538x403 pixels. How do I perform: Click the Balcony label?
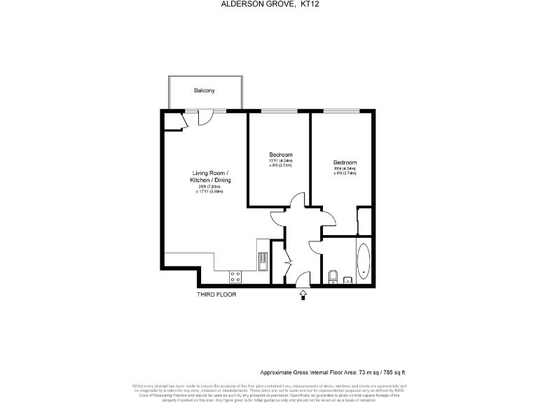coord(205,91)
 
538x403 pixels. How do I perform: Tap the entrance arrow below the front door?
coord(303,295)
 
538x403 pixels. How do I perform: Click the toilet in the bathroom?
coord(332,276)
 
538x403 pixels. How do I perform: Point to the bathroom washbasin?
coord(348,280)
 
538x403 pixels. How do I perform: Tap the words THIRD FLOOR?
coord(216,295)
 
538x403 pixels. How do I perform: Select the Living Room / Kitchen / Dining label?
coord(212,176)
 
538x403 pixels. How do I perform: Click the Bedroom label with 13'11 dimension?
coord(281,154)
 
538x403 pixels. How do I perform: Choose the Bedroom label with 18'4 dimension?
coord(345,162)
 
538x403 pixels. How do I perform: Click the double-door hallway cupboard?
coord(284,261)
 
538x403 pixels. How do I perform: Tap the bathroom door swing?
coord(315,246)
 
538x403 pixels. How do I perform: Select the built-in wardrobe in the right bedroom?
coord(364,221)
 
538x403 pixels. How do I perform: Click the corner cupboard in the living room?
coord(173,122)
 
